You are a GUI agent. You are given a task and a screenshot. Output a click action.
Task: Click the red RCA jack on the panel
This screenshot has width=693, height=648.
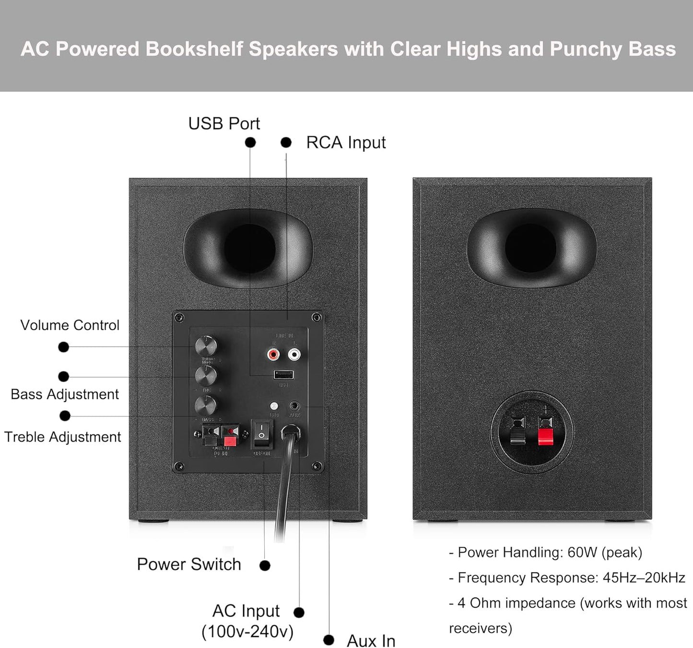coord(273,355)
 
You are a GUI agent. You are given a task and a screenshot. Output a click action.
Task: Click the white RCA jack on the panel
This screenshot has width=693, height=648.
coord(294,355)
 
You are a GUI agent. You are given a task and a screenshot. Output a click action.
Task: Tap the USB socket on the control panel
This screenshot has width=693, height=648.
coord(283,375)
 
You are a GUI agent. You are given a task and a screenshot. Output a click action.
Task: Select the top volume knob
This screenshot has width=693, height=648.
coord(206,346)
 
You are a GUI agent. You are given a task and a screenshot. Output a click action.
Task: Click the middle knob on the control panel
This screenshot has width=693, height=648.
coord(206,376)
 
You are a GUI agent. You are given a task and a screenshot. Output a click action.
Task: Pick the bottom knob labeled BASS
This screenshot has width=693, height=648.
coord(206,407)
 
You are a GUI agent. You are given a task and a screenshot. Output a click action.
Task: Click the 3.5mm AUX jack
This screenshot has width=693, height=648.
coord(294,406)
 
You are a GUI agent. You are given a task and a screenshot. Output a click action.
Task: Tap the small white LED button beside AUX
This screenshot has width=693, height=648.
coord(274,406)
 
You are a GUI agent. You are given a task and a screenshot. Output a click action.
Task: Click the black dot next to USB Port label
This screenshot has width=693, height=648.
coord(250,143)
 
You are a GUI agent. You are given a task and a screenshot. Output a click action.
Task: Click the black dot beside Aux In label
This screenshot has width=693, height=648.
coord(329,640)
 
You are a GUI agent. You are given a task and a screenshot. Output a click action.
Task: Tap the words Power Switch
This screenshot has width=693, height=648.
coord(189,564)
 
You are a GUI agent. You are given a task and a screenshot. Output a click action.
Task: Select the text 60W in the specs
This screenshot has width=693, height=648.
coord(582,552)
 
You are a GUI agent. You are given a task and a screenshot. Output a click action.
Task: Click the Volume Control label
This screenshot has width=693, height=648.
coord(70,325)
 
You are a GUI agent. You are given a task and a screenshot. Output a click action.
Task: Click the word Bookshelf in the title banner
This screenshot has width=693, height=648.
coord(194,49)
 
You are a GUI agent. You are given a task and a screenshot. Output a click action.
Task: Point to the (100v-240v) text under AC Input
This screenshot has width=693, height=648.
coord(247,632)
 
